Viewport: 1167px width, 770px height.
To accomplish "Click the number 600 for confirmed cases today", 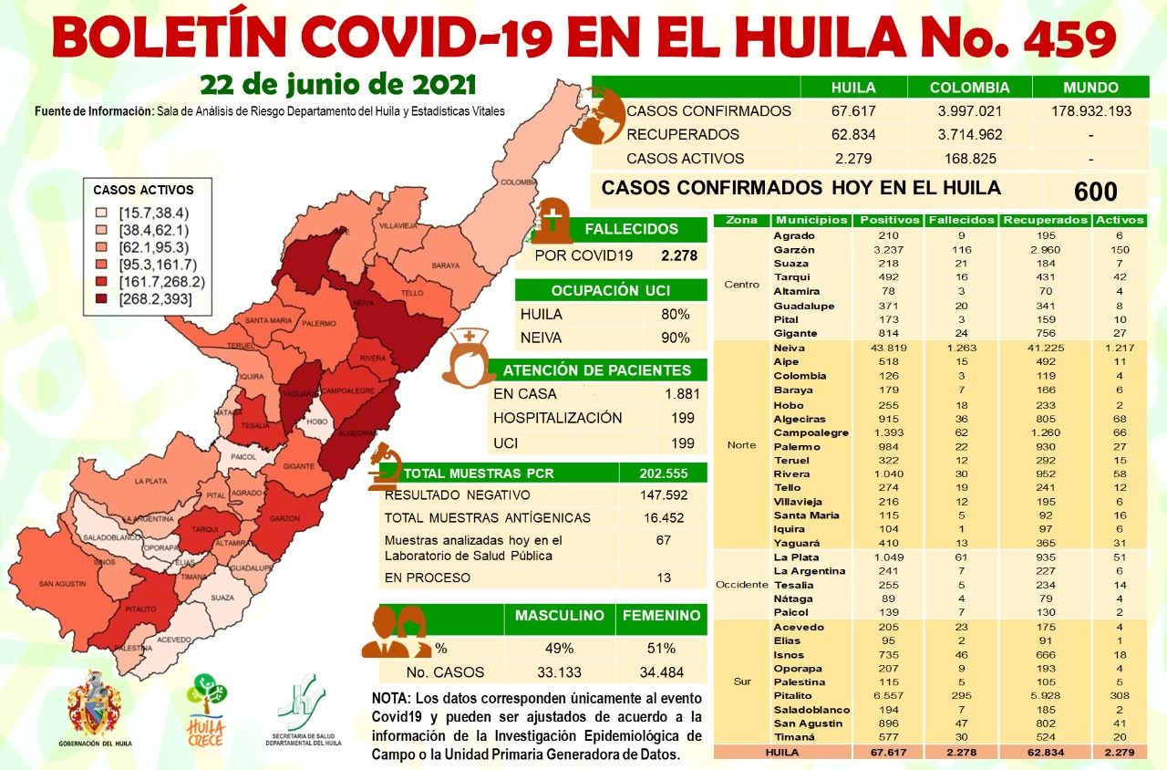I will pyautogui.click(x=1095, y=192).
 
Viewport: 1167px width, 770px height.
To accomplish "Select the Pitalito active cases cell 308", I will pyautogui.click(x=1121, y=696).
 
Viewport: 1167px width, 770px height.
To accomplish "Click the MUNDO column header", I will pyautogui.click(x=1090, y=88).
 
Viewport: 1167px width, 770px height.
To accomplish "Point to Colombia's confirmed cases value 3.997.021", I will pyautogui.click(x=969, y=111).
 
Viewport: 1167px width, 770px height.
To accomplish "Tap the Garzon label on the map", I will pyautogui.click(x=284, y=518).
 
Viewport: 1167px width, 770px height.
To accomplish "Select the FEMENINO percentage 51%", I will pyautogui.click(x=661, y=648).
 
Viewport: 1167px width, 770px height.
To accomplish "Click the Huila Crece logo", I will pyautogui.click(x=206, y=708).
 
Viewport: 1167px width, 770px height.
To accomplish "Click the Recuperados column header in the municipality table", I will pyautogui.click(x=1044, y=220).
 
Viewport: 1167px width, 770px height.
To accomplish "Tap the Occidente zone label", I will pyautogui.click(x=741, y=584).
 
